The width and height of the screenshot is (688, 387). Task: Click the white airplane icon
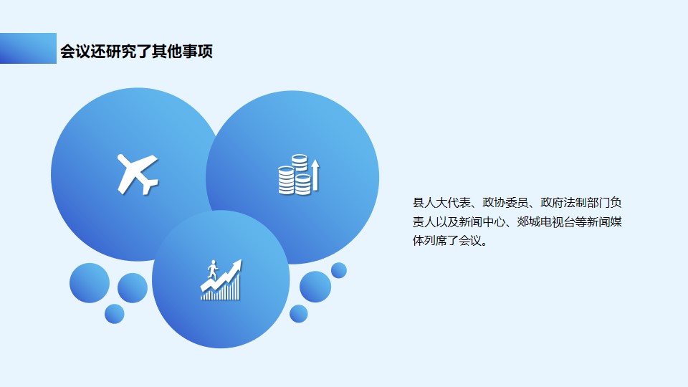(136, 173)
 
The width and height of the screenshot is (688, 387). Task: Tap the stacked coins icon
(295, 175)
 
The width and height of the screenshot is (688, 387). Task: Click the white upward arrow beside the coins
(315, 175)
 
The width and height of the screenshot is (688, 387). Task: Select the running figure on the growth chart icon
(213, 269)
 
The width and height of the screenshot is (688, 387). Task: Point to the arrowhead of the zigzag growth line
(237, 264)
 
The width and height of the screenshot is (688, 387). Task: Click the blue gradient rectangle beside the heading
(28, 48)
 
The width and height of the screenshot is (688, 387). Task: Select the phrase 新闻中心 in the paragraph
(482, 222)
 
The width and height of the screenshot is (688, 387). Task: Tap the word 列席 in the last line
(435, 241)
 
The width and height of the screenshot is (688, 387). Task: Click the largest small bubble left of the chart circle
(90, 283)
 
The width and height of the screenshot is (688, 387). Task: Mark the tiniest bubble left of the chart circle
(115, 314)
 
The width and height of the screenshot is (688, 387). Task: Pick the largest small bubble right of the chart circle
(315, 287)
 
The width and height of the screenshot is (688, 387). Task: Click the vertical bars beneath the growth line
(221, 289)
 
